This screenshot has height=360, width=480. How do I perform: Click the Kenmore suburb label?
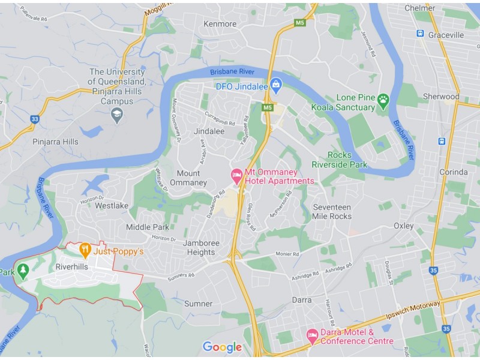[x=220, y=24]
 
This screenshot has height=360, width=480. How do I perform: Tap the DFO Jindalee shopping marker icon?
[x=275, y=84]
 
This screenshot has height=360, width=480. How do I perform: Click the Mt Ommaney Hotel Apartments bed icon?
[x=237, y=175]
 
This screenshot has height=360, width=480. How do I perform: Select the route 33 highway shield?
[x=35, y=119]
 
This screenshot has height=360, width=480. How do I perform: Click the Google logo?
[x=222, y=347]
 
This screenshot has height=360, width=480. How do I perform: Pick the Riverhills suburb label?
[x=72, y=266]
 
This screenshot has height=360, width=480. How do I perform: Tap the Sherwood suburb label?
[x=441, y=97]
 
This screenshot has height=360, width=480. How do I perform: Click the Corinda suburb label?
[x=453, y=172]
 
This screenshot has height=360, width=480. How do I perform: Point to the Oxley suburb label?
[x=403, y=226]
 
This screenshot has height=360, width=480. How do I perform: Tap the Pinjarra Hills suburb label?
[x=55, y=142]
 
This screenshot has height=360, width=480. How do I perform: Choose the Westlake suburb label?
[x=112, y=205]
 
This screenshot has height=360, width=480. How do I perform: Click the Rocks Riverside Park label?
[x=340, y=160]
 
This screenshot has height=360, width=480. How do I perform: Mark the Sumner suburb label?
[x=198, y=304]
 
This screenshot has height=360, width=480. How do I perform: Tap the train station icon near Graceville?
[x=420, y=34]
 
